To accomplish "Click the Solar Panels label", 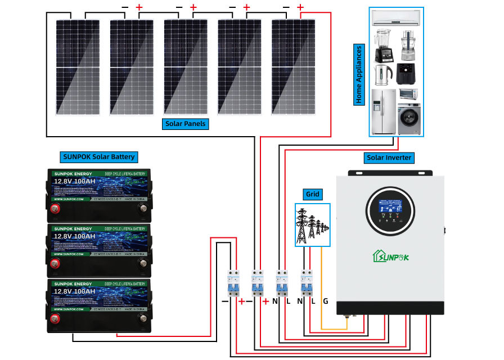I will (186, 123).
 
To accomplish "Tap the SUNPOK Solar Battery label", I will (98, 156).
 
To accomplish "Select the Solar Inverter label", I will (389, 157).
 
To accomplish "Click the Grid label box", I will (312, 194).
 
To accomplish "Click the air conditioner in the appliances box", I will (396, 19).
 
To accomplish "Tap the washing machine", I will (409, 119).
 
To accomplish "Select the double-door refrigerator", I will (384, 112).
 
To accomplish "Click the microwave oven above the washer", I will (409, 94).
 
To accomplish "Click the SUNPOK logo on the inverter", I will (390, 256).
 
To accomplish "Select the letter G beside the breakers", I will (325, 301).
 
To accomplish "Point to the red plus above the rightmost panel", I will (300, 7).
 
